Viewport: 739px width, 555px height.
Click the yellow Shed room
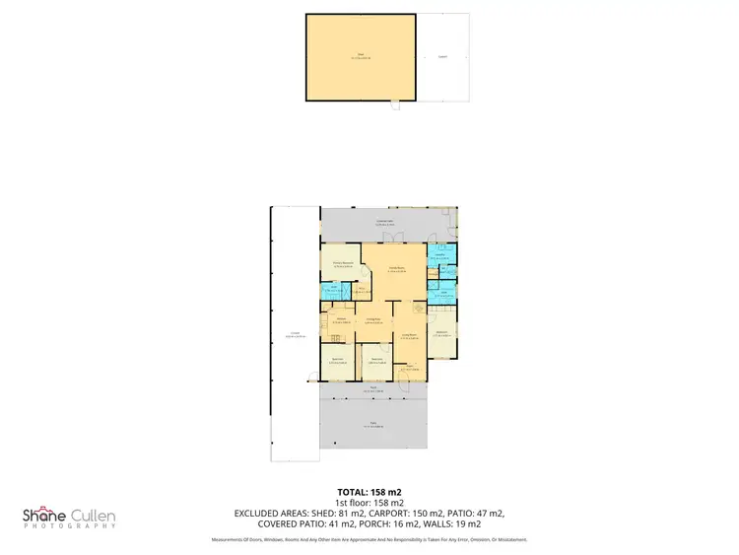pos(360,57)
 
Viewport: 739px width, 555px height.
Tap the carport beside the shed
pos(442,57)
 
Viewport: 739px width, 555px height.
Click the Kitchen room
pos(340,321)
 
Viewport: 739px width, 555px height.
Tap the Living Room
pos(408,337)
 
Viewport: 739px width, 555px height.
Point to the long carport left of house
pos(295,335)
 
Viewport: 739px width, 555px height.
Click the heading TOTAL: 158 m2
pos(369,491)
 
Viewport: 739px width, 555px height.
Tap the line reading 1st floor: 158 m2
pos(369,502)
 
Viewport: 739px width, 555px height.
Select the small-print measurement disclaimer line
pos(369,540)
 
